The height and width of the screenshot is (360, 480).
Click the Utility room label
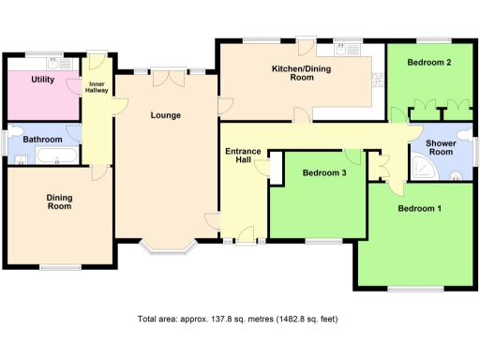pos(42,81)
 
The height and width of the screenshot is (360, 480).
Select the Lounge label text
pos(165,115)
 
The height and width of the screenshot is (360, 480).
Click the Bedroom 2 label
pos(430,63)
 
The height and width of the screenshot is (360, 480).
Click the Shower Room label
pos(441,149)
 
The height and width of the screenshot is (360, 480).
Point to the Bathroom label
pos(42,140)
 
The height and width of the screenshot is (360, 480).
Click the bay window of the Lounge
pos(165,249)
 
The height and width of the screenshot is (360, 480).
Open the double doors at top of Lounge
pos(165,71)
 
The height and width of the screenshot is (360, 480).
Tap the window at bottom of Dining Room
pos(58,268)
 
